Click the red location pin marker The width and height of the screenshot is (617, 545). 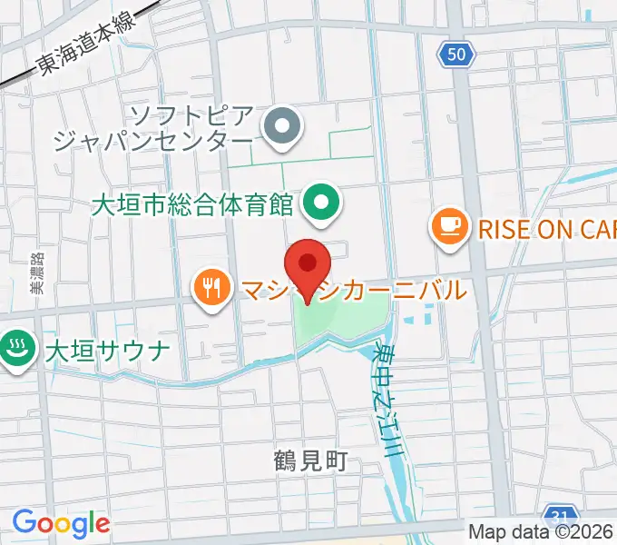(308, 266)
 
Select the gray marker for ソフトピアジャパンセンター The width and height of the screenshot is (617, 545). (281, 126)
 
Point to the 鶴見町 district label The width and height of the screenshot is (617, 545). (310, 461)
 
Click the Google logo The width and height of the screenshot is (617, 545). (61, 523)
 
